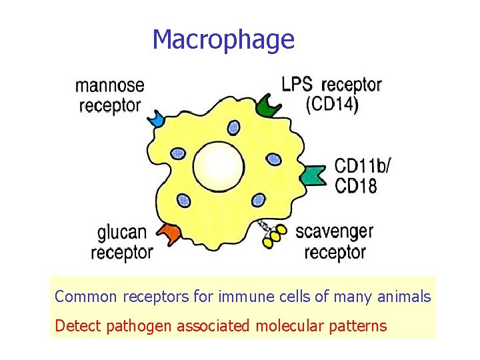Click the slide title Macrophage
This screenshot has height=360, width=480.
click(x=223, y=40)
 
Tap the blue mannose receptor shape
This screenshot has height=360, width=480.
click(x=157, y=119)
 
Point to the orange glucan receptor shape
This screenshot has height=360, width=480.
click(x=171, y=234)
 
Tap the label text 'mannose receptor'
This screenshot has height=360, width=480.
click(x=110, y=95)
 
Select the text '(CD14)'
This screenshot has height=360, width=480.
click(x=332, y=105)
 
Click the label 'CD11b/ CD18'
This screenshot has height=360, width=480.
click(x=361, y=175)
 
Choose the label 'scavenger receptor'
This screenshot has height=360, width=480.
click(x=334, y=242)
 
